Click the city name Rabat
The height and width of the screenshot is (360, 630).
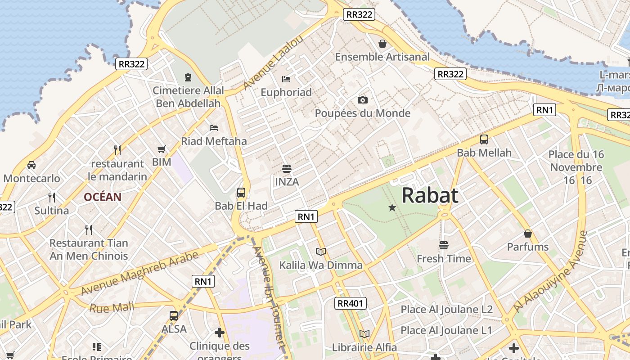click(x=430, y=195)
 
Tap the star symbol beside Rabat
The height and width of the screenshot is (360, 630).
click(x=392, y=207)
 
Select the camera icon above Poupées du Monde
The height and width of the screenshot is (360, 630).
click(x=362, y=100)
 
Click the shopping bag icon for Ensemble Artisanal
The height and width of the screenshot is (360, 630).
click(x=382, y=44)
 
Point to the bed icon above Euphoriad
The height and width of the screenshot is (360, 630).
click(x=286, y=79)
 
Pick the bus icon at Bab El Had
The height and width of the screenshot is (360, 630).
click(x=241, y=193)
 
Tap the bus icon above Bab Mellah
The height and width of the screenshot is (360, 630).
click(x=484, y=139)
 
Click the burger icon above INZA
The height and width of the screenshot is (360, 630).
click(x=286, y=169)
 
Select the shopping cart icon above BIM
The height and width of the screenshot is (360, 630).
click(x=162, y=149)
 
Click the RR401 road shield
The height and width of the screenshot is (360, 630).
click(x=351, y=303)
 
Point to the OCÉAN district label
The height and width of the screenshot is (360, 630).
click(x=103, y=197)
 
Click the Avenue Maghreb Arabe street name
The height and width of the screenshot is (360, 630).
click(x=139, y=274)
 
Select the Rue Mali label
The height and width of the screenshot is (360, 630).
click(x=112, y=308)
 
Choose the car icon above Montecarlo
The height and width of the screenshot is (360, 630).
click(x=31, y=165)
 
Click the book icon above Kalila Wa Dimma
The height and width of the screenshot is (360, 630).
click(x=321, y=252)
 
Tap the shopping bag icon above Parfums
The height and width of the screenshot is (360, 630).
click(x=528, y=234)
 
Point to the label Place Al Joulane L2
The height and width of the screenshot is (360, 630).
click(x=446, y=310)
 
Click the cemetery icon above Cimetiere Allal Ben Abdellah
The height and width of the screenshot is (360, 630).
click(x=188, y=77)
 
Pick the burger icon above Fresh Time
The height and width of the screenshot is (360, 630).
click(x=444, y=245)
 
